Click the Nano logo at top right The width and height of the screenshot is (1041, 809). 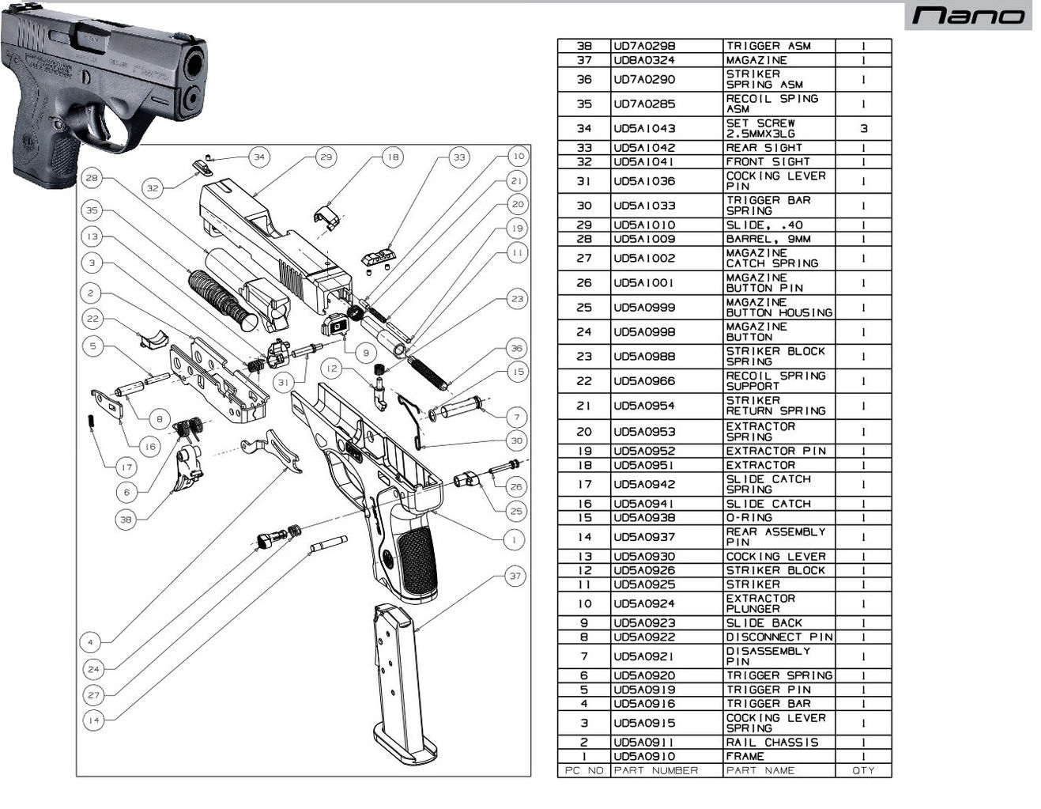point(968,15)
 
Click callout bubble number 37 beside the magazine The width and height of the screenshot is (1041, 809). point(515,576)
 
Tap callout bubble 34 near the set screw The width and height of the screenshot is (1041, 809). point(259,157)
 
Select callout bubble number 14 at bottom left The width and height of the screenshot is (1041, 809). point(94,720)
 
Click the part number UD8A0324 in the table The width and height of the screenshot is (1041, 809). point(644,60)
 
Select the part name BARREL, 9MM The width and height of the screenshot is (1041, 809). point(768,239)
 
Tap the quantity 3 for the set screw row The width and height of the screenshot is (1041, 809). point(863,128)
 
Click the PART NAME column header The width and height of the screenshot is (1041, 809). point(760,770)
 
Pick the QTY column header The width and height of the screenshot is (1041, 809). point(863,770)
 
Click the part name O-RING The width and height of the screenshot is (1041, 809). point(749,518)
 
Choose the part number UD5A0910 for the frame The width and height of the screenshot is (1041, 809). point(644,756)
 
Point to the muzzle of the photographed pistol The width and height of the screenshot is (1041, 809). point(193,66)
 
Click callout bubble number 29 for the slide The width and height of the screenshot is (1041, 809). point(326,157)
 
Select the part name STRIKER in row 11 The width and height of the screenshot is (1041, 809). point(752,584)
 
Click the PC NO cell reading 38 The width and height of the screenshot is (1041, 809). point(584,46)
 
